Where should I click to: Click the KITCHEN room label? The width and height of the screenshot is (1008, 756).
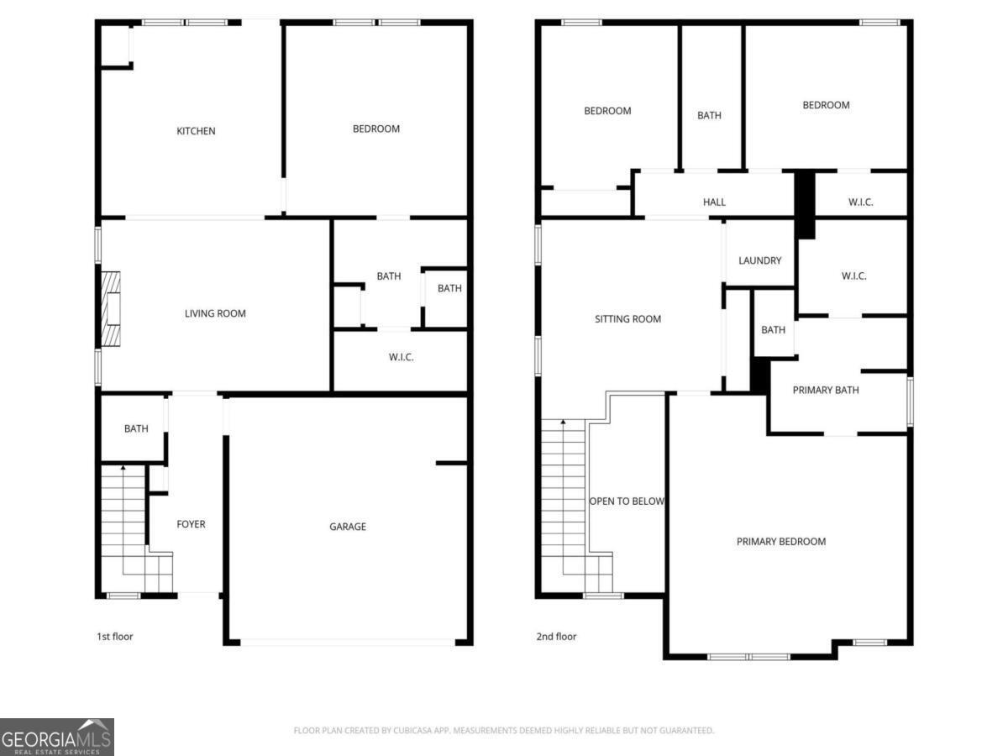pos(196,131)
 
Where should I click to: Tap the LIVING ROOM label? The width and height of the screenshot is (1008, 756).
pos(215,313)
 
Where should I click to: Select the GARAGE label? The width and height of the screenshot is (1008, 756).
pos(348,527)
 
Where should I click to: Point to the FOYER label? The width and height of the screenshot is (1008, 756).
pos(191,524)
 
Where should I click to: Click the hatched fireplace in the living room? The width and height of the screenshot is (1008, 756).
pos(111,308)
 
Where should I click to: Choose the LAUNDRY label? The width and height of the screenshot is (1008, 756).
pos(759,260)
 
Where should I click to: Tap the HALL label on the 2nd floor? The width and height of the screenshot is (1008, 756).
pos(714,202)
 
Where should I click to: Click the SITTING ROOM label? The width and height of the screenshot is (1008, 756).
pos(627,319)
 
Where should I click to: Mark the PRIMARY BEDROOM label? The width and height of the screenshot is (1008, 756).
pos(781,542)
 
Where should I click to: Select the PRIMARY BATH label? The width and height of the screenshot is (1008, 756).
pos(826,390)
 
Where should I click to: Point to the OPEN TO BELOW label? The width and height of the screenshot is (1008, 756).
pos(627,501)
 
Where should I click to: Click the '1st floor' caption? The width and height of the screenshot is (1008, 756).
pos(115,637)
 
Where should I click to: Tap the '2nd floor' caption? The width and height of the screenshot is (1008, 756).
pos(556,637)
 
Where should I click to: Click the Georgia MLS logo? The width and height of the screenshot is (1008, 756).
pos(57,738)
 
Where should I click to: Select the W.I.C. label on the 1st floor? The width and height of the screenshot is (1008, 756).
pos(401,357)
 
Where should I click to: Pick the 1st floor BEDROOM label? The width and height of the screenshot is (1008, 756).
pos(376,129)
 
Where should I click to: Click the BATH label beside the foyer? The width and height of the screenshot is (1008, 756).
pos(136,428)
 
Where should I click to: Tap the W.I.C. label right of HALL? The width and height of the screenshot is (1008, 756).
pos(861,202)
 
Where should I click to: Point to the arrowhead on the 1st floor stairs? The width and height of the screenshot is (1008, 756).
pos(123,468)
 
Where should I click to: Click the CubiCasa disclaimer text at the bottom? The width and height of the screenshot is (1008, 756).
pos(504,730)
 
